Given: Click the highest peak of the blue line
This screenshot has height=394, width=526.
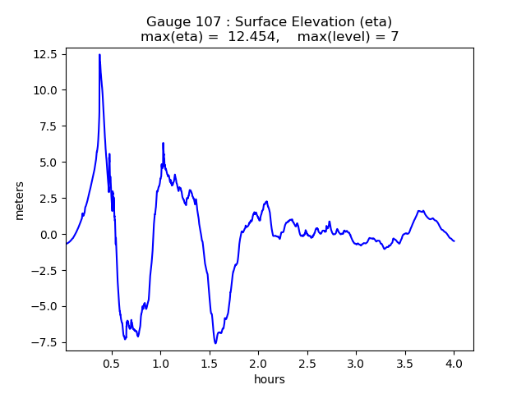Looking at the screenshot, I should pos(99,55).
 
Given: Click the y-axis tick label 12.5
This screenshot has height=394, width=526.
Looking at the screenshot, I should pos(44,54).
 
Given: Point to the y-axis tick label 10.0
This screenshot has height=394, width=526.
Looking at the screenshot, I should pos(44,90).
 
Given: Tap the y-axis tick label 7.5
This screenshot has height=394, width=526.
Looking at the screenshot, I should pos(46,126).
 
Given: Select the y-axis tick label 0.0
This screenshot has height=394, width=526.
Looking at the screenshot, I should pos(46,235).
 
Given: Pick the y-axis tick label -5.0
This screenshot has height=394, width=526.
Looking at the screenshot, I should pos(44,307).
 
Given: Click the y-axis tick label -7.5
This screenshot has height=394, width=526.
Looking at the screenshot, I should pos(44,343).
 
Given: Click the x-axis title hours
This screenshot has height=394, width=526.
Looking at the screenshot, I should pos(270,379).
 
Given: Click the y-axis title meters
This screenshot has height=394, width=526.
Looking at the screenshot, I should pos(19,199).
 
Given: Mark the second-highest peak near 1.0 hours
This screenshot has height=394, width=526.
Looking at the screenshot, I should pos(163,143).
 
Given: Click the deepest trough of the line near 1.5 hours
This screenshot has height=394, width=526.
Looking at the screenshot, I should pos(215,343).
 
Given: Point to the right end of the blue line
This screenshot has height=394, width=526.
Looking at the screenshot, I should pos(454,241).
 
